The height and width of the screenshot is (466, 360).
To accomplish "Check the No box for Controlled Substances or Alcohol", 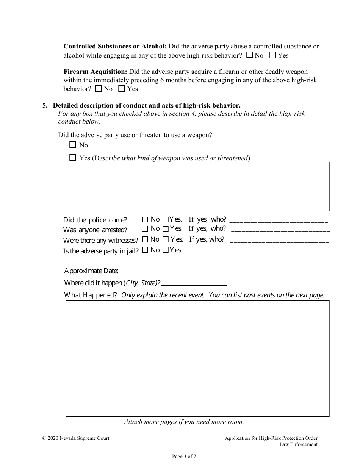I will pyautogui.click(x=249, y=55).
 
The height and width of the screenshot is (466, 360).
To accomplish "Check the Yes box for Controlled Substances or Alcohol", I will pyautogui.click(x=272, y=55).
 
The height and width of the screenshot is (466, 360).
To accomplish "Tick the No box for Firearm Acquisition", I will pyautogui.click(x=99, y=89).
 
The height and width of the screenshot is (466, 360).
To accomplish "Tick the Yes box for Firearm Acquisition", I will pyautogui.click(x=122, y=89).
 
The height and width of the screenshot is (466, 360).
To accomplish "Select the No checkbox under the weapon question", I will pyautogui.click(x=73, y=145).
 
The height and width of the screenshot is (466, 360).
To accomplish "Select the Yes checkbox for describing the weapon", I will pyautogui.click(x=73, y=158).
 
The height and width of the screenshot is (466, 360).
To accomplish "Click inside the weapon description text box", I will pyautogui.click(x=197, y=186).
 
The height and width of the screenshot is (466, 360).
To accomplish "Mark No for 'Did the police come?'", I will pyautogui.click(x=145, y=219).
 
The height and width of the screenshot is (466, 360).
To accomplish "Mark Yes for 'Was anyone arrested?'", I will pyautogui.click(x=166, y=229).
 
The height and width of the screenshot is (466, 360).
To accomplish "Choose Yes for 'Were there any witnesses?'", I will pyautogui.click(x=166, y=239).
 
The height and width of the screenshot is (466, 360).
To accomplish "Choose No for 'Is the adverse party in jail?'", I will pyautogui.click(x=145, y=250).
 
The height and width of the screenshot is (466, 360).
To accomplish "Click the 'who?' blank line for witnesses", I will pyautogui.click(x=279, y=241).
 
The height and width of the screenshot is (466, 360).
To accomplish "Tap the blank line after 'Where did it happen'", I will pyautogui.click(x=194, y=284).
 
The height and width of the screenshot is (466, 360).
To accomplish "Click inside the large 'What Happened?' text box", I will pyautogui.click(x=197, y=358).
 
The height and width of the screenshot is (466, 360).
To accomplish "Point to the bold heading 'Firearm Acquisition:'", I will pyautogui.click(x=95, y=72).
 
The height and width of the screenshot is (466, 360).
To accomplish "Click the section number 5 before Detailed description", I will pyautogui.click(x=45, y=105).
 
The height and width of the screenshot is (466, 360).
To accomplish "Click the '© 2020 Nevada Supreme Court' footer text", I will pyautogui.click(x=76, y=438).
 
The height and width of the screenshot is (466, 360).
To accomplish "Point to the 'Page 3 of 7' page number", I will pyautogui.click(x=184, y=457).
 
